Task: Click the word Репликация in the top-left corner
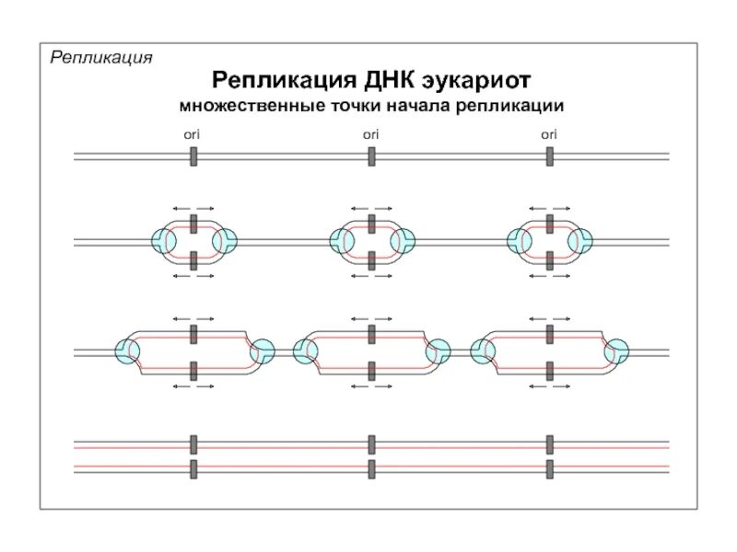100,58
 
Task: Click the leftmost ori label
193,134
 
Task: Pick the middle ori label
370,134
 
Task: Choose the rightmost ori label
548,134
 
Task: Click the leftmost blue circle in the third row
126,351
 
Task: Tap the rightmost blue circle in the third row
615,351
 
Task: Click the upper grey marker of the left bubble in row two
193,224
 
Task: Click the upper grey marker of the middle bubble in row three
371,333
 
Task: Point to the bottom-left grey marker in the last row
193,468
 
